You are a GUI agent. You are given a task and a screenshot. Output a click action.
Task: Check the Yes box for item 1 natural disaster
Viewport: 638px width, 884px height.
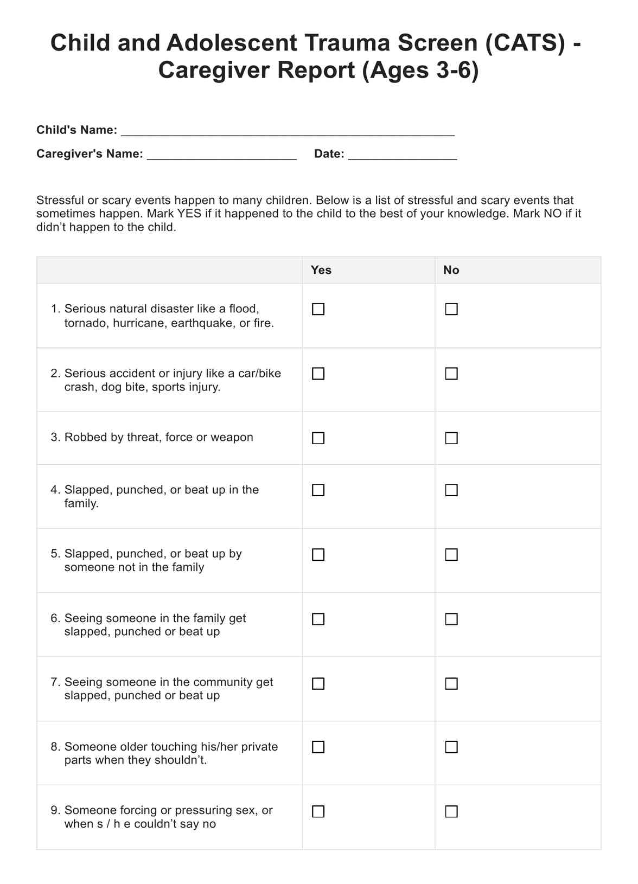pyautogui.click(x=318, y=309)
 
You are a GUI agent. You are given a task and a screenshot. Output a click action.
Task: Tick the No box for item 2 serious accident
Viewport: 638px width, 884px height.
pyautogui.click(x=451, y=374)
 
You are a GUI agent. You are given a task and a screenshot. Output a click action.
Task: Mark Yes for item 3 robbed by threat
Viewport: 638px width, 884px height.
pyautogui.click(x=318, y=438)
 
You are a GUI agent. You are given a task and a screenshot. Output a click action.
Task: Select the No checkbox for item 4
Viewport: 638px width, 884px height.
pyautogui.click(x=451, y=490)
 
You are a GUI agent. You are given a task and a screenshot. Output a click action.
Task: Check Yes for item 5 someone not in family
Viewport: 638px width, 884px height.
pyautogui.click(x=318, y=554)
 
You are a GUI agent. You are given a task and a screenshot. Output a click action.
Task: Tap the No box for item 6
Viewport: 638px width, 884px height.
pyautogui.click(x=451, y=619)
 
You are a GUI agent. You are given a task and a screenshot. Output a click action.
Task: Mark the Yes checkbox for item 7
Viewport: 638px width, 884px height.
pyautogui.click(x=318, y=683)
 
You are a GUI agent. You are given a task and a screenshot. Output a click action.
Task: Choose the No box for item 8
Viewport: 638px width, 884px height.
pyautogui.click(x=451, y=747)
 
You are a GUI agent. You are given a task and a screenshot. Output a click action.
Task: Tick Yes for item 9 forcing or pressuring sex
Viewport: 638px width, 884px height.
pyautogui.click(x=318, y=811)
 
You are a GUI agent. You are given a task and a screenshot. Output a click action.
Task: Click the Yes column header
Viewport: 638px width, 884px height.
pyautogui.click(x=321, y=270)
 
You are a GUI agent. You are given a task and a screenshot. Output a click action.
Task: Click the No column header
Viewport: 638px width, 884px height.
pyautogui.click(x=451, y=270)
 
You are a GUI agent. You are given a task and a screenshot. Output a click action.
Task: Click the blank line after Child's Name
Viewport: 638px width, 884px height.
pyautogui.click(x=288, y=131)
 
